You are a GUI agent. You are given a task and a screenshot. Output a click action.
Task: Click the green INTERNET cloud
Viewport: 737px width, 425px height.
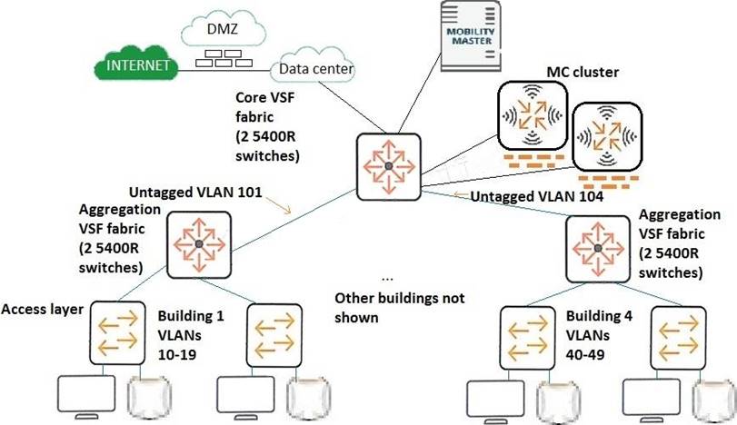(x=137, y=66)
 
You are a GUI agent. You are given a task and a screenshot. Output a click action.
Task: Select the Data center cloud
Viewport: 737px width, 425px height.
(x=316, y=68)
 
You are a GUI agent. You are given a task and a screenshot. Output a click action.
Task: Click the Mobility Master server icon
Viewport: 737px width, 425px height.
(x=472, y=37)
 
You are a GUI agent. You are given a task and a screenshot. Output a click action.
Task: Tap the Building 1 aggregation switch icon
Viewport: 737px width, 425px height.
(x=197, y=242)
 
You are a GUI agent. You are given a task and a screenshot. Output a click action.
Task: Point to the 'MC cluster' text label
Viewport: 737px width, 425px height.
(x=582, y=71)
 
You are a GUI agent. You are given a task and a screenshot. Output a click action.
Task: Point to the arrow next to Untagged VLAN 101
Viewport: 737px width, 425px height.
(x=290, y=208)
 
